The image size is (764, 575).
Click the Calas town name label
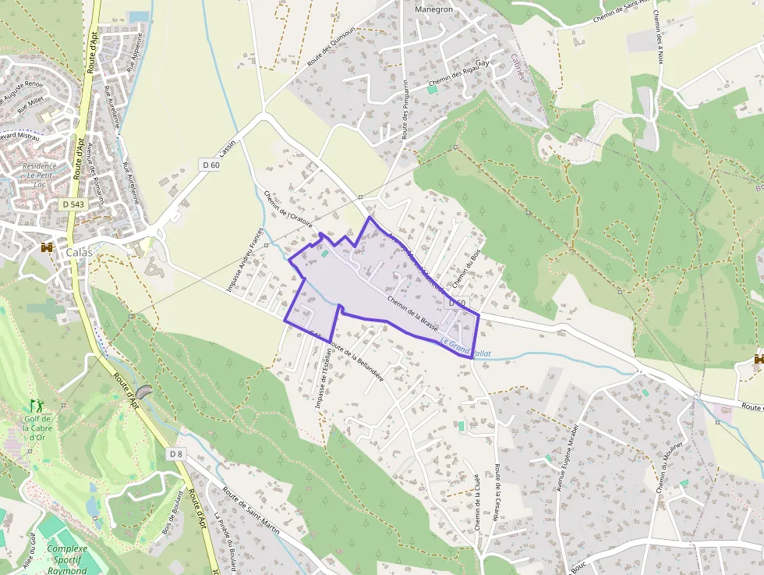[x=79, y=252]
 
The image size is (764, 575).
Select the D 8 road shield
[x=176, y=453]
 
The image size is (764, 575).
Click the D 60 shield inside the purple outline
[x=456, y=303]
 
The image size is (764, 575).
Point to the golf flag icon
[x=35, y=405]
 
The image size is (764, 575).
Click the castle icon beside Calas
[x=47, y=247]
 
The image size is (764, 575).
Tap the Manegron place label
[x=434, y=10]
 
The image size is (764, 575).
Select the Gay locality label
[x=482, y=62]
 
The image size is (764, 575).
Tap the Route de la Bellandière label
[x=356, y=360]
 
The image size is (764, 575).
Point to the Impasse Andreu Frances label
[x=243, y=260]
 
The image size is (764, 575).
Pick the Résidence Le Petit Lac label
[x=39, y=171]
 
